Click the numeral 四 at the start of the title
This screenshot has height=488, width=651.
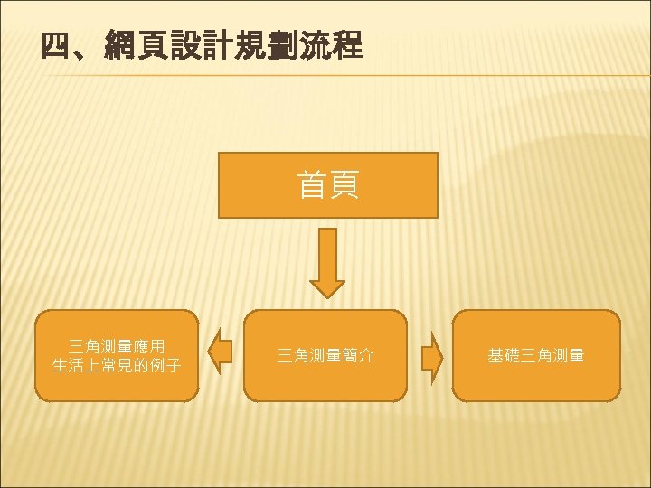[x=56, y=44]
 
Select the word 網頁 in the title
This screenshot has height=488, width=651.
[x=136, y=44]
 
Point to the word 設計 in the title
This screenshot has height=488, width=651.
[x=201, y=44]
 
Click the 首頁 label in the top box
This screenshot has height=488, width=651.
[x=328, y=185]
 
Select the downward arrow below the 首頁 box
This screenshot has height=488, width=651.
[x=327, y=262]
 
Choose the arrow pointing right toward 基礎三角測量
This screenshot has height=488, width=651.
[x=432, y=355]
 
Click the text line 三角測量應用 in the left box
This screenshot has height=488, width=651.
[x=117, y=346]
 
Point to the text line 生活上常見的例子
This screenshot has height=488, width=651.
[x=117, y=366]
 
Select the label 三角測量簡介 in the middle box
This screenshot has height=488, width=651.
[x=325, y=356]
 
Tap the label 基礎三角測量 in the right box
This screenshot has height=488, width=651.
[x=536, y=356]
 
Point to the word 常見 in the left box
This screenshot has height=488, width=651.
[x=117, y=366]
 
